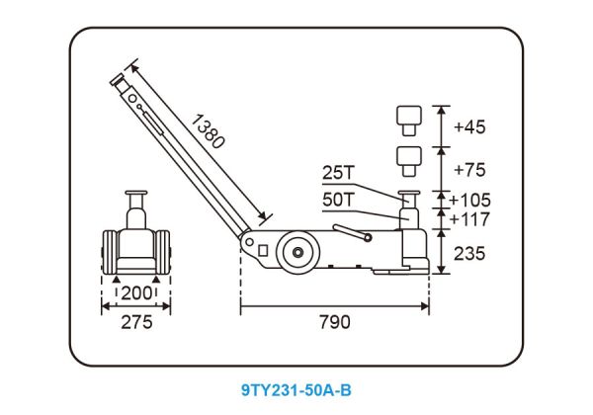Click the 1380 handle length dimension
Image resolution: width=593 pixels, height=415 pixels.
pyautogui.click(x=209, y=131)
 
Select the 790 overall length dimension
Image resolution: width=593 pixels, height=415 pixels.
pyautogui.click(x=335, y=322)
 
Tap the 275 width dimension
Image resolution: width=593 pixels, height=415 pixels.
pyautogui.click(x=136, y=322)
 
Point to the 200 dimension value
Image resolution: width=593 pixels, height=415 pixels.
pyautogui.click(x=136, y=292)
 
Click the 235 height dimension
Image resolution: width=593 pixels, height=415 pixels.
pyautogui.click(x=469, y=254)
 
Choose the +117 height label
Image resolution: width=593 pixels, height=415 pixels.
pyautogui.click(x=470, y=219)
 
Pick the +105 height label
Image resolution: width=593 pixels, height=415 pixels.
pyautogui.click(x=470, y=200)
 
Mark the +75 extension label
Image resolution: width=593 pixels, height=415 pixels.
pyautogui.click(x=469, y=170)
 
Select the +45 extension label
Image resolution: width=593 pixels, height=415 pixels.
pyautogui.click(x=469, y=127)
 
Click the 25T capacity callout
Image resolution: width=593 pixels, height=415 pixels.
pyautogui.click(x=339, y=173)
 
